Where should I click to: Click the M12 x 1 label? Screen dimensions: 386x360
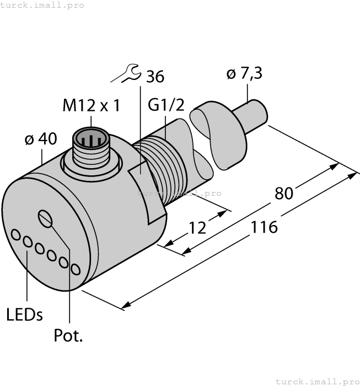click(91, 105)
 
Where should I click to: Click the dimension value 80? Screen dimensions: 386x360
click(284, 193)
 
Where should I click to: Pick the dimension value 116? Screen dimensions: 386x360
click(264, 226)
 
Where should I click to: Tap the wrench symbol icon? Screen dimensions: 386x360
click(126, 73)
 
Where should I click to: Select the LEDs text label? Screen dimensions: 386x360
click(25, 314)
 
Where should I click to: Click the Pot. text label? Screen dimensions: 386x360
click(68, 335)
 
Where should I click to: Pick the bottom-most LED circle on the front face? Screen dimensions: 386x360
click(76, 268)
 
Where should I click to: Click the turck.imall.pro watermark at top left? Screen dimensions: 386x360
click(42, 5)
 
